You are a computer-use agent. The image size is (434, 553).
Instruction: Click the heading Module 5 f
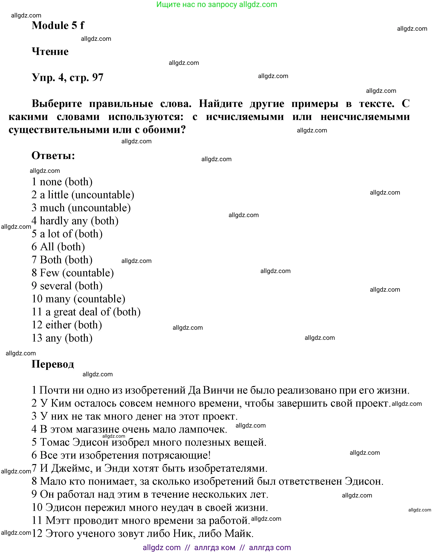58,25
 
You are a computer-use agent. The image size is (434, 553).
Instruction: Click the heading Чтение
50,52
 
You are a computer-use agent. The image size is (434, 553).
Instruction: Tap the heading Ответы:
53,156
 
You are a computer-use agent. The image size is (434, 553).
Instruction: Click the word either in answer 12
58,325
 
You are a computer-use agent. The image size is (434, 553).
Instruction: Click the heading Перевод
53,364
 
